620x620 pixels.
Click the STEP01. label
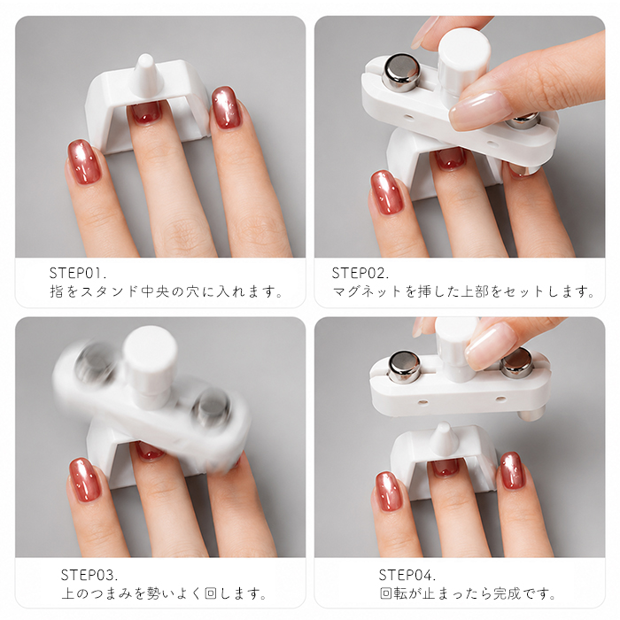[x=78, y=273]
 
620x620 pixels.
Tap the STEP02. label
[x=360, y=273]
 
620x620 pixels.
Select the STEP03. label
[x=89, y=575]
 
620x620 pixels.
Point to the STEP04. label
[x=407, y=575]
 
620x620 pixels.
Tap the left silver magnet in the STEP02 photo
[x=401, y=73]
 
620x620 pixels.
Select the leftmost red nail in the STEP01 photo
[x=83, y=161]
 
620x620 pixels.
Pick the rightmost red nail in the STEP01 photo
[x=225, y=107]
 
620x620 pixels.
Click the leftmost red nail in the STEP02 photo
[x=386, y=192]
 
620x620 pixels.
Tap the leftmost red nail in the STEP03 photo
[x=85, y=480]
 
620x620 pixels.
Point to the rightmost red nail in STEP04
[x=512, y=471]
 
